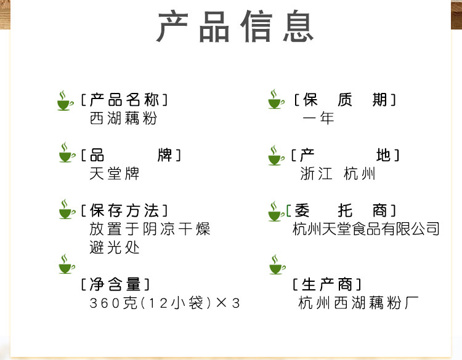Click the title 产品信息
[235, 27]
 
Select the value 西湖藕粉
[123, 118]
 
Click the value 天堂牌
[115, 174]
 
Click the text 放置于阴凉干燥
[150, 229]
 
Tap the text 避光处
[115, 247]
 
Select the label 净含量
[115, 284]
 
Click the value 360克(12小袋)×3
[164, 303]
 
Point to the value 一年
[318, 118]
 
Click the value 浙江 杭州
[338, 174]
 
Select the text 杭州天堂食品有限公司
[366, 229]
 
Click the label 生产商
[326, 284]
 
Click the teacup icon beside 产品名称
[66, 100]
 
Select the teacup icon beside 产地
[277, 155]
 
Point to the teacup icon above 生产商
[278, 265]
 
